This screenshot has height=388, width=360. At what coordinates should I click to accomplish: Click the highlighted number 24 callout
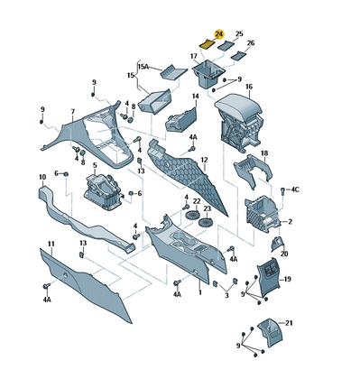tap(219, 34)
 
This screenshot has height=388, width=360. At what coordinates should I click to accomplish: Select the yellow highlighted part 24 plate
tap(208, 44)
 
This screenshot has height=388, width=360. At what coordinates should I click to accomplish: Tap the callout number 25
tap(239, 34)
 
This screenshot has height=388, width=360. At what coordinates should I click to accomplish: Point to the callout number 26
tap(251, 43)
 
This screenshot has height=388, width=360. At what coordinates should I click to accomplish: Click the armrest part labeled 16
tap(239, 120)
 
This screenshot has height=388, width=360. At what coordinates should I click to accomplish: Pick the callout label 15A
tap(143, 66)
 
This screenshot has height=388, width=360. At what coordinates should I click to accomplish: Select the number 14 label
tap(196, 97)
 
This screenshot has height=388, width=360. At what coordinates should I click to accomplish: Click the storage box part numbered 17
tap(208, 74)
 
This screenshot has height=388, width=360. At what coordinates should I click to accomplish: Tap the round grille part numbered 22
tap(192, 215)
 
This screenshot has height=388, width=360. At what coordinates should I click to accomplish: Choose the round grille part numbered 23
tap(206, 223)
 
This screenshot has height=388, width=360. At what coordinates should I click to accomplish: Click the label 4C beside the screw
tap(295, 189)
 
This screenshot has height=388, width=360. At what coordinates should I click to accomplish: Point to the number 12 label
tap(205, 160)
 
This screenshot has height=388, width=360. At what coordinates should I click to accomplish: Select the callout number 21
tap(289, 323)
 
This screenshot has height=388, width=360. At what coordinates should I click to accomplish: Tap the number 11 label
tap(51, 244)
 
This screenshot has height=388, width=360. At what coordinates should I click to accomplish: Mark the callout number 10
tap(42, 177)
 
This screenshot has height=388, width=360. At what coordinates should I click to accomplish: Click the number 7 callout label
tap(73, 112)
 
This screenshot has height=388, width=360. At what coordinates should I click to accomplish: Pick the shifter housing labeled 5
tap(102, 192)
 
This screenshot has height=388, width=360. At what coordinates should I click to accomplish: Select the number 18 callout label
tap(264, 153)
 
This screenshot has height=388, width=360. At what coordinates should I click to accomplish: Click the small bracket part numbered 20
tap(277, 244)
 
